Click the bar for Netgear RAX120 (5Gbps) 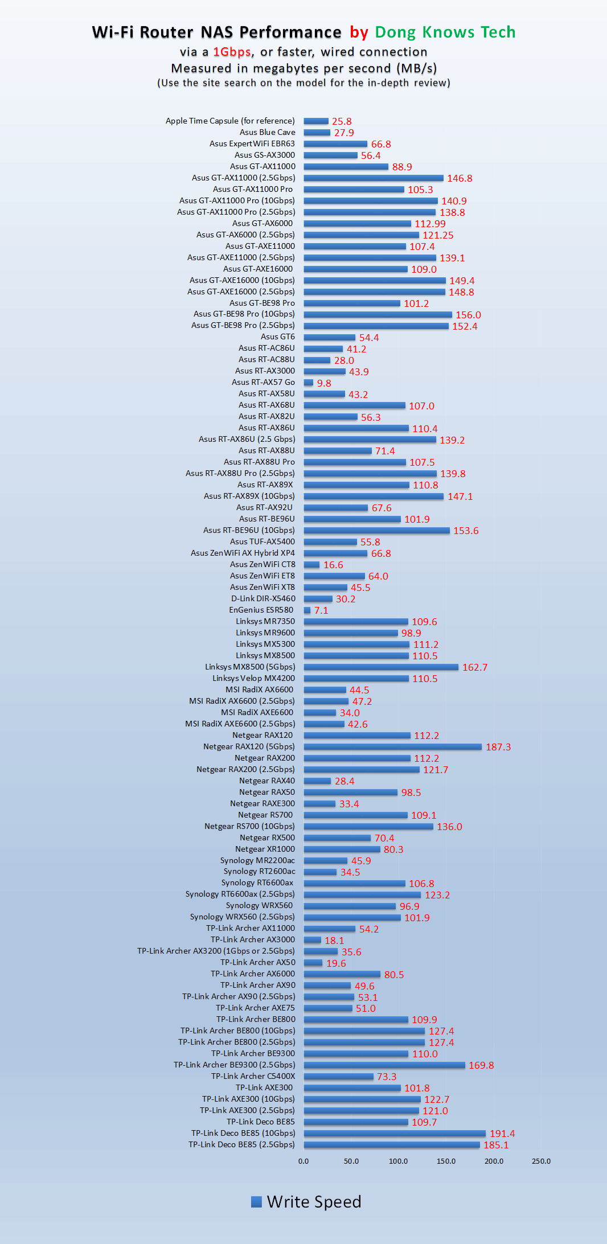[x=392, y=746]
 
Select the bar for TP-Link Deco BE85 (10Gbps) [x=394, y=1133]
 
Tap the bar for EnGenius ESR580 [x=307, y=610]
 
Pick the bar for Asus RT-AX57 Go [x=308, y=383]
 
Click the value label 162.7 [x=474, y=667]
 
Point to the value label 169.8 [x=481, y=1065]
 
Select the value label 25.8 [x=342, y=121]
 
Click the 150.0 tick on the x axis [x=446, y=1161]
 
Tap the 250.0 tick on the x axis [x=541, y=1161]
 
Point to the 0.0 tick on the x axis [x=303, y=1161]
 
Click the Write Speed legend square [x=256, y=1201]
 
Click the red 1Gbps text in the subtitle [x=232, y=52]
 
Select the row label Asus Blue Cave [x=267, y=132]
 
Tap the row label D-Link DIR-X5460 [x=263, y=598]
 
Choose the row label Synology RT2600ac [x=259, y=871]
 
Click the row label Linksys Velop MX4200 [x=253, y=678]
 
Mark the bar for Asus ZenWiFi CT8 [x=311, y=564]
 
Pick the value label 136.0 [x=449, y=827]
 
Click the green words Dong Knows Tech [x=445, y=32]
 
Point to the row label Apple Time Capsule [x=230, y=121]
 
